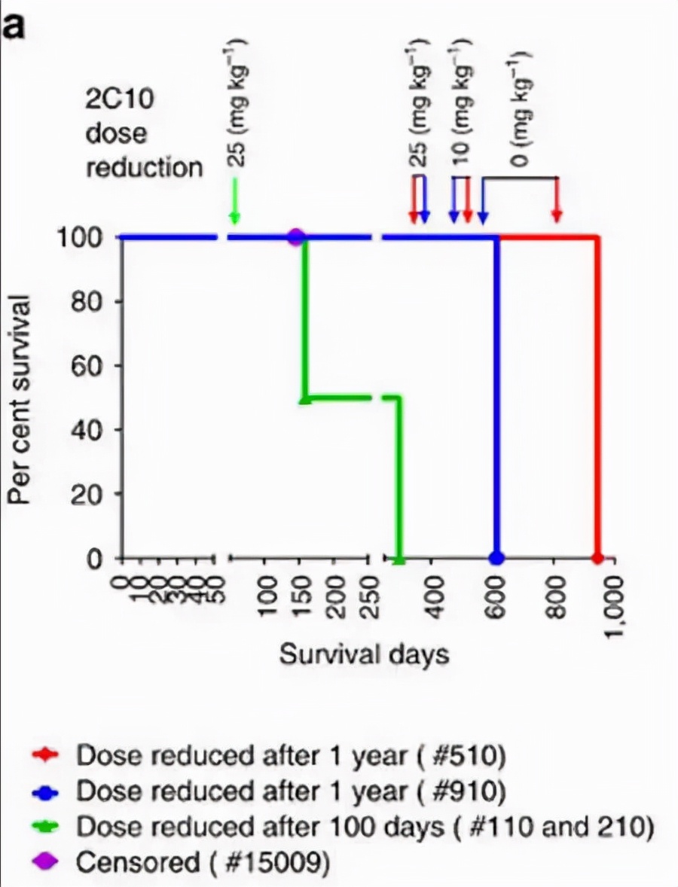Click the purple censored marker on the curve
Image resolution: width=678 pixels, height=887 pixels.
(296, 238)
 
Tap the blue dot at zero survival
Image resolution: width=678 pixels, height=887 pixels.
(496, 558)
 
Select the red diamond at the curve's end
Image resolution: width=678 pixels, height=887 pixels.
(597, 558)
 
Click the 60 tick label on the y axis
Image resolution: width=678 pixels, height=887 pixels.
(89, 366)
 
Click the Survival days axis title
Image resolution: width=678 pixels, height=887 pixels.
(364, 654)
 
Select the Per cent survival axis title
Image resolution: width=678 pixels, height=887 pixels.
(21, 399)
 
